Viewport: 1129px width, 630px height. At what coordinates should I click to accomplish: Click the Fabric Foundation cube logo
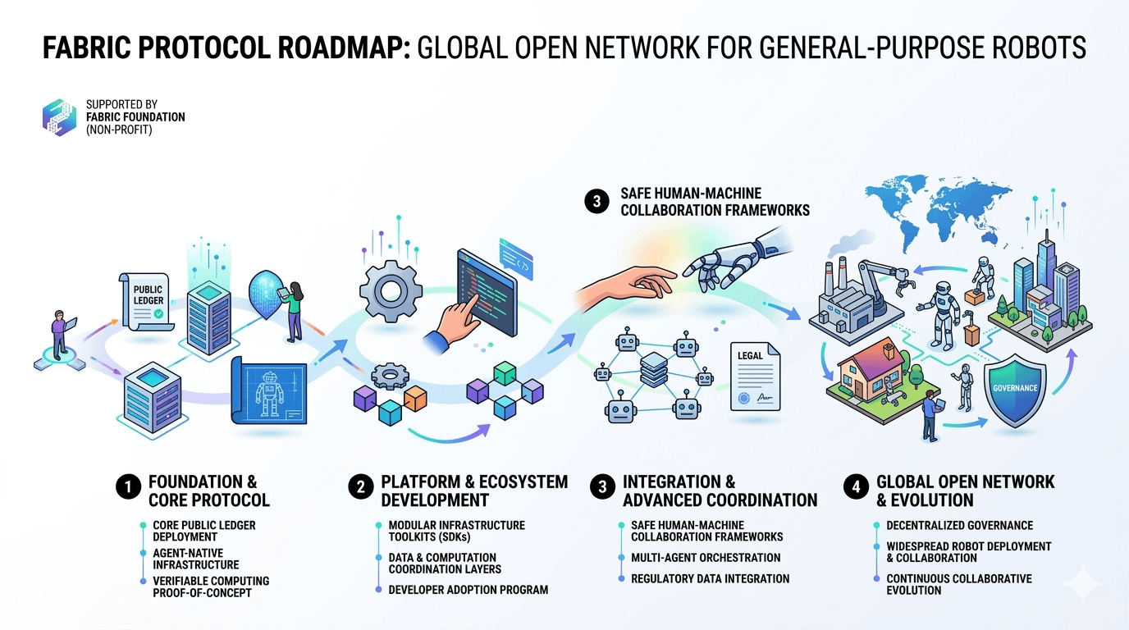click(59, 117)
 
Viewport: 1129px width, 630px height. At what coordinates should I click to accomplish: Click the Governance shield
click(1015, 388)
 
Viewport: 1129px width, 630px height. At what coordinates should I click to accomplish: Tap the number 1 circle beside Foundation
click(127, 487)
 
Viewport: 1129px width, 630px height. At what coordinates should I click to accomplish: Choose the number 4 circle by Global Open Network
click(856, 487)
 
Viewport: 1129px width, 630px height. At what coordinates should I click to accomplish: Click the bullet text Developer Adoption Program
click(468, 590)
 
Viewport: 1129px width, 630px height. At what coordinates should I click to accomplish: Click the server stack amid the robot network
click(654, 371)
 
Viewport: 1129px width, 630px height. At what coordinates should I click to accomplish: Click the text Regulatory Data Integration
click(710, 578)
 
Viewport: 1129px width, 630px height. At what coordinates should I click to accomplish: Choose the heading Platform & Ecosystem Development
click(473, 491)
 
